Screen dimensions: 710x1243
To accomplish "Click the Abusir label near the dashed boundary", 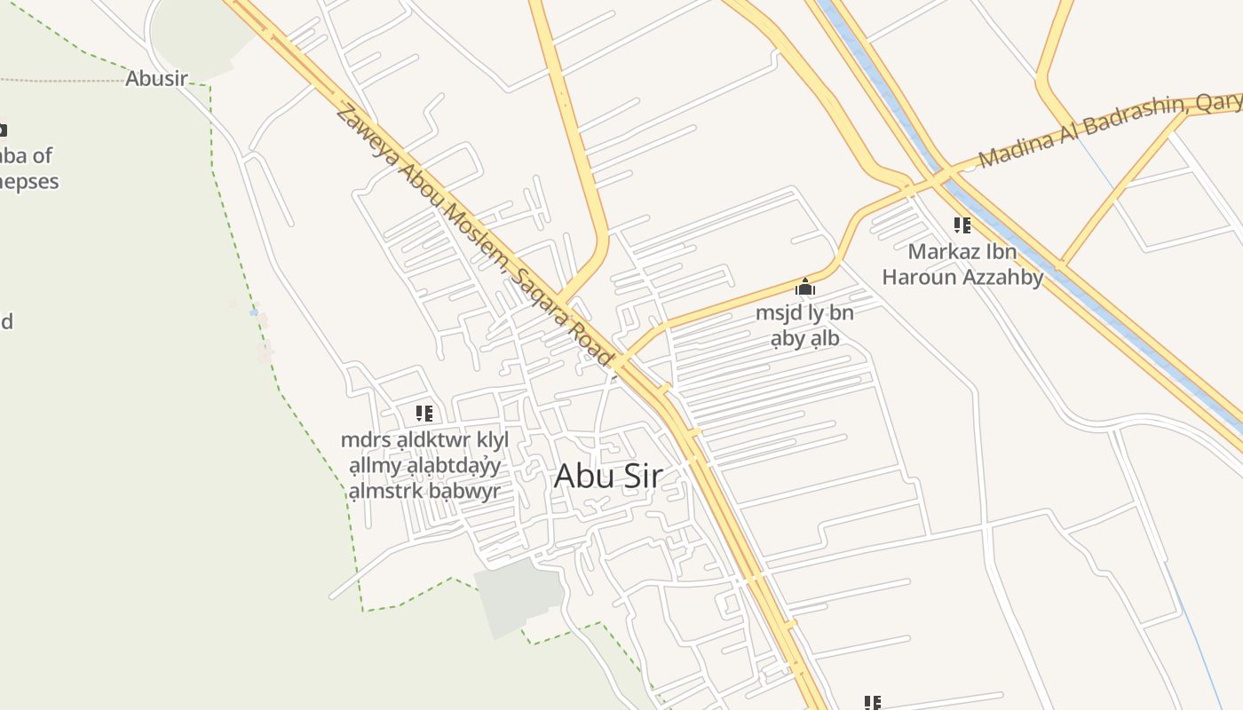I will coord(156,78).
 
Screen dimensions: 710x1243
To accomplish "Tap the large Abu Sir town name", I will coord(608,477).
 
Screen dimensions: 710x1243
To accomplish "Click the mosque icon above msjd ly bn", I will coord(805,287).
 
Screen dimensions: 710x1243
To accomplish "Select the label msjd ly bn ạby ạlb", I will coord(804,326).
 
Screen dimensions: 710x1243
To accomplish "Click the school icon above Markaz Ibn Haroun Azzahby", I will coord(962,225).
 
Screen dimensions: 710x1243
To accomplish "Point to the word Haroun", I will coord(922,277).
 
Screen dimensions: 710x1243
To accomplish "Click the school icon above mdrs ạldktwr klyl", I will coord(424,414).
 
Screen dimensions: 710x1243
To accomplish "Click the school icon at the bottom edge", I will coord(872,703).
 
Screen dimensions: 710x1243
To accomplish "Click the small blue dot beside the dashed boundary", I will coord(254,312).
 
